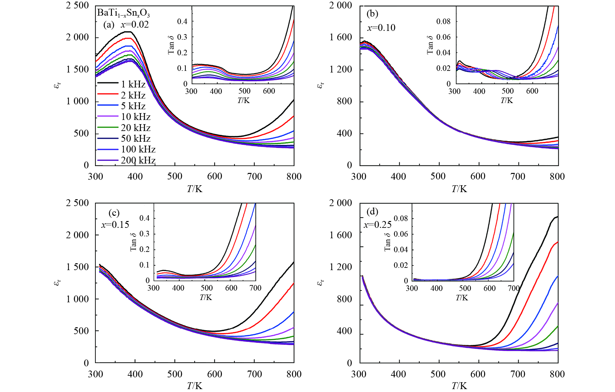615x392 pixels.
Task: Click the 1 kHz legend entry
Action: [x=133, y=84]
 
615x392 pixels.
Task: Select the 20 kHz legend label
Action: [x=136, y=128]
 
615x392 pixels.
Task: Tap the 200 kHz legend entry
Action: [x=138, y=160]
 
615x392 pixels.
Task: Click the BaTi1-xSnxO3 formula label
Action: [x=123, y=13]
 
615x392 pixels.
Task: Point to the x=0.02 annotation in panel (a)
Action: [x=135, y=25]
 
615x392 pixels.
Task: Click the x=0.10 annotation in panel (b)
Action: [x=381, y=28]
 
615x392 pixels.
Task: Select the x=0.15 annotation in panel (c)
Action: [x=115, y=225]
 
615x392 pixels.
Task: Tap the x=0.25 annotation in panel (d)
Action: [x=377, y=225]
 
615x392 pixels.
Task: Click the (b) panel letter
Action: [x=372, y=14]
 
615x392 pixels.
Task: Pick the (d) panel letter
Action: [x=372, y=212]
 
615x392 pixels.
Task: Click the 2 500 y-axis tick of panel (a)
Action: [x=77, y=6]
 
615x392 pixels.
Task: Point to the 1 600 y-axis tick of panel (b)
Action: [x=341, y=37]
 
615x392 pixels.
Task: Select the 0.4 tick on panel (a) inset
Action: [x=182, y=21]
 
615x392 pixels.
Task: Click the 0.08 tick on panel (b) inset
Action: [x=443, y=21]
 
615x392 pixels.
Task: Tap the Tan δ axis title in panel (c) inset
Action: [x=133, y=242]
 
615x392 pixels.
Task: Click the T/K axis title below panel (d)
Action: [x=459, y=386]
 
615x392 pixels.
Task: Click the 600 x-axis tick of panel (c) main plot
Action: [x=214, y=374]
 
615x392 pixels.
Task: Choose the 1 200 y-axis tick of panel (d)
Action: [x=341, y=267]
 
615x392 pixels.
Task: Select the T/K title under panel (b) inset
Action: [x=507, y=100]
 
